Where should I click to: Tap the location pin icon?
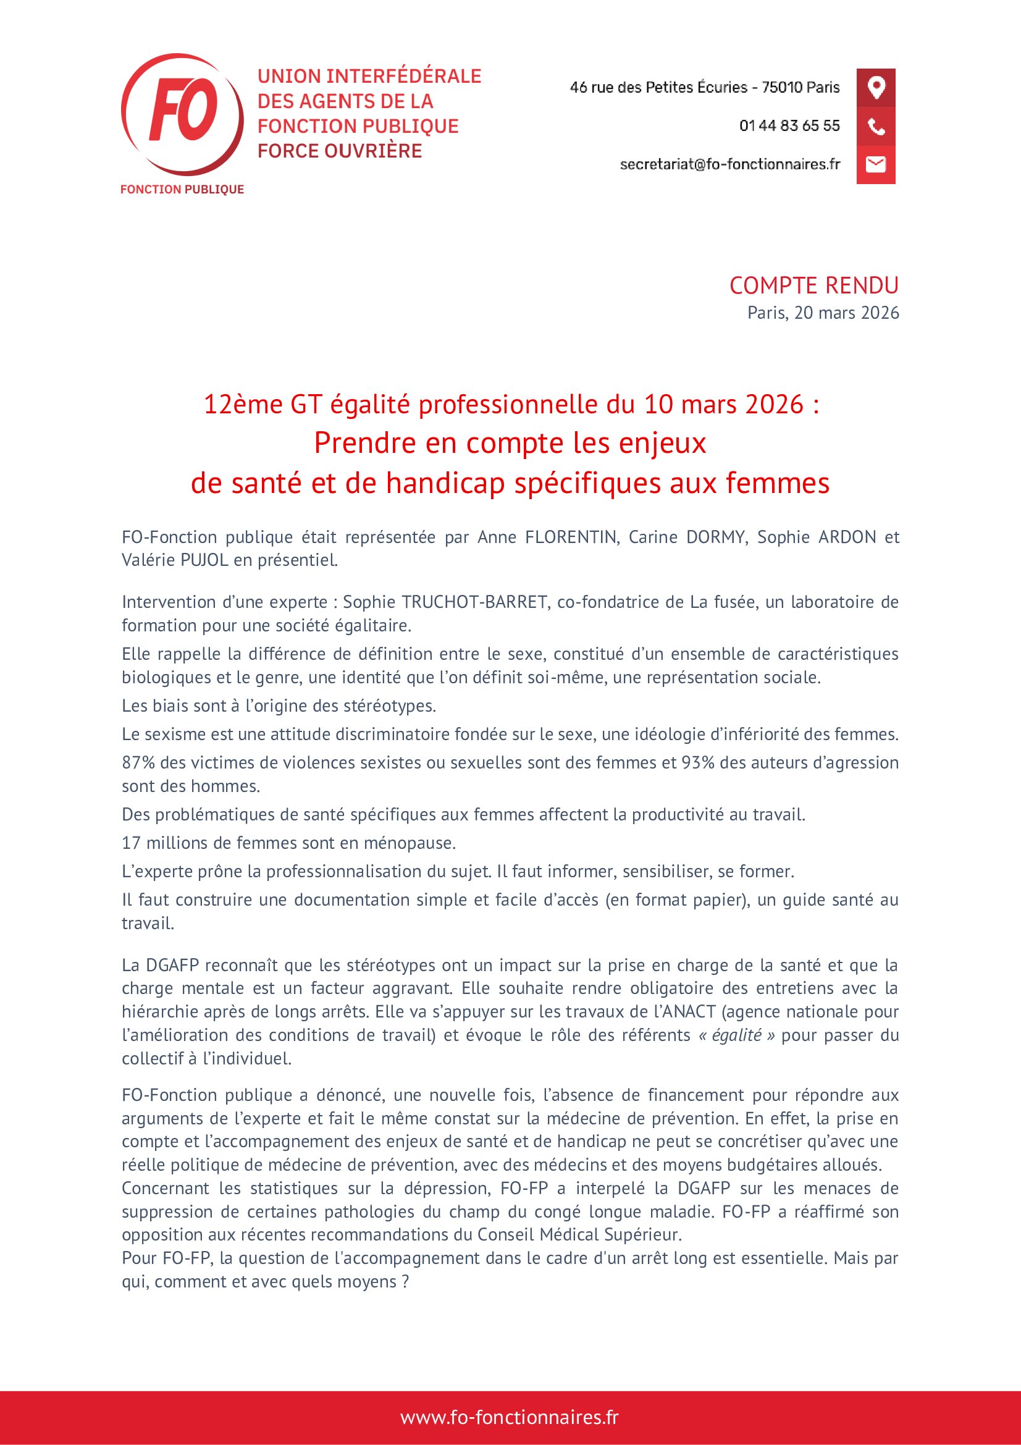point(876,87)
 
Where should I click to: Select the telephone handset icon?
point(876,127)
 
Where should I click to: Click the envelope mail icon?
point(876,164)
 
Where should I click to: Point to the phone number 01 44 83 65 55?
point(789,126)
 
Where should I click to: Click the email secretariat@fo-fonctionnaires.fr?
point(729,164)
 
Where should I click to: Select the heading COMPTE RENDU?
point(813,286)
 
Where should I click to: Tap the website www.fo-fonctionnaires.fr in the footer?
point(510,1417)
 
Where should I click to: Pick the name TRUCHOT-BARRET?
point(474,602)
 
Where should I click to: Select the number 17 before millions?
point(131,843)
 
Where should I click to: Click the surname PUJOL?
point(204,560)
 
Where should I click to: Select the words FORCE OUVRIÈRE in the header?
point(340,151)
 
